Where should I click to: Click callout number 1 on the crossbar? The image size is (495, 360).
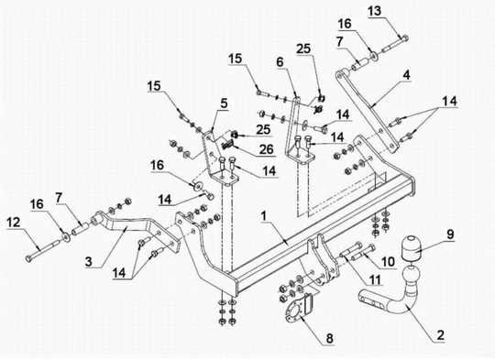[264, 217]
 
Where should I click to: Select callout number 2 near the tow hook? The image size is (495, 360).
[440, 335]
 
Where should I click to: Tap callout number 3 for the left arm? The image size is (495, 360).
[89, 262]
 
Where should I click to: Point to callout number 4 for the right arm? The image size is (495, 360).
[406, 75]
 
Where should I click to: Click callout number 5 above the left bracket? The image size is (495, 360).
[224, 104]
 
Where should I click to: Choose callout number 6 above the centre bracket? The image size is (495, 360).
[280, 62]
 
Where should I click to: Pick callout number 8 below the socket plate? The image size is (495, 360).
[329, 339]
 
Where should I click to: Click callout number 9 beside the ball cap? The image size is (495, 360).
[450, 235]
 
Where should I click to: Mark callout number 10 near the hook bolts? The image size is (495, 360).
[388, 262]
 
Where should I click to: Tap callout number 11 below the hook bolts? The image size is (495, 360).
[375, 278]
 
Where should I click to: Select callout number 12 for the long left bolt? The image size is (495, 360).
[13, 223]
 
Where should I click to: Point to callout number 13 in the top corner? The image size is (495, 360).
[374, 11]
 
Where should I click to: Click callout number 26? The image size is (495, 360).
[266, 149]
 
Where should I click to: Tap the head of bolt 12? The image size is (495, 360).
[28, 258]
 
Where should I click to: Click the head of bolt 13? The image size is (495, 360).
[405, 38]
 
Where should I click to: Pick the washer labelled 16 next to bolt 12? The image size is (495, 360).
[66, 236]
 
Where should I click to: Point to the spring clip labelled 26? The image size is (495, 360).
[227, 145]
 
